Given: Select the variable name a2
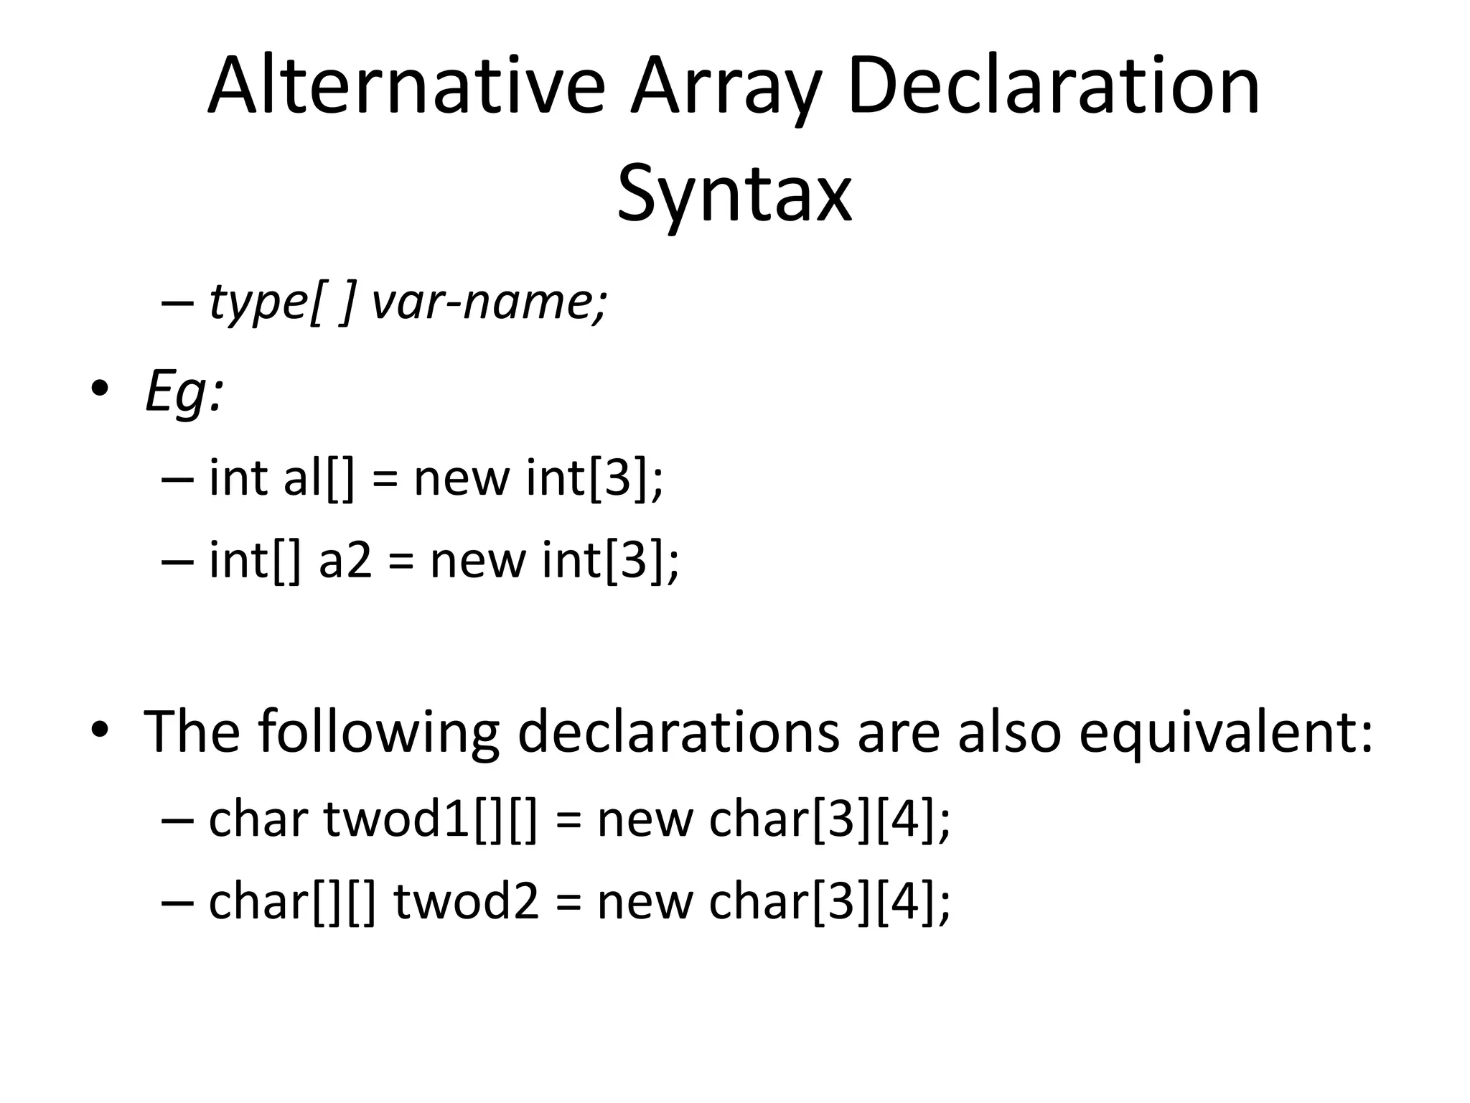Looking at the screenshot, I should (345, 560).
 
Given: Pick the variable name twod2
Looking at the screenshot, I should (467, 901).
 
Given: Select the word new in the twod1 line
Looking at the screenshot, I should (644, 820).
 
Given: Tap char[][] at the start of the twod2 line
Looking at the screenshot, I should (291, 901).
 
